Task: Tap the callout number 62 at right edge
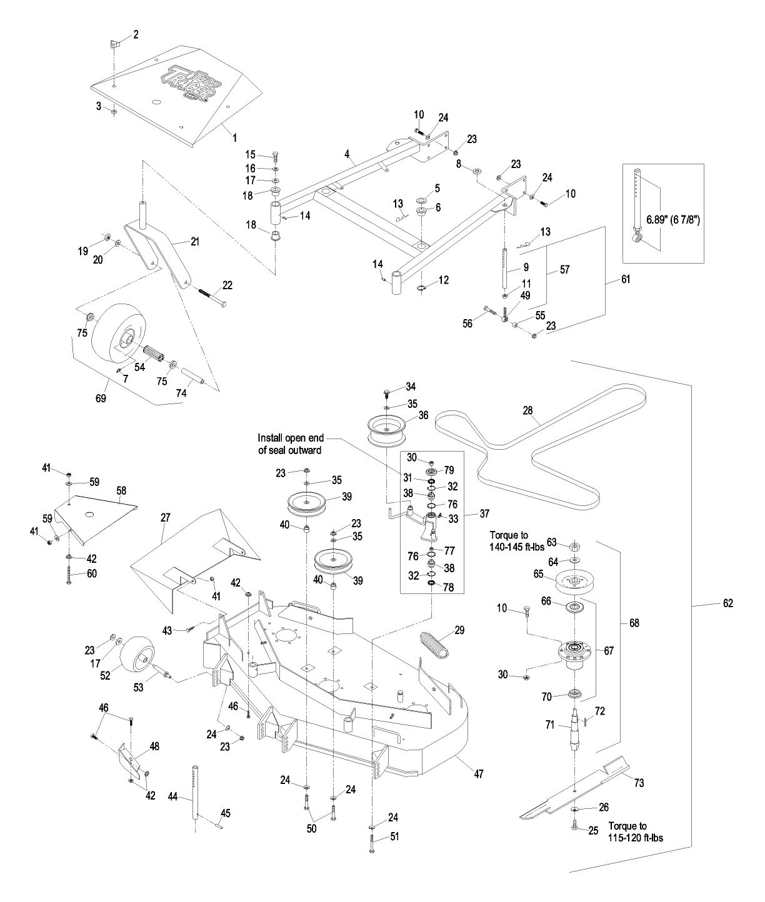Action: (727, 603)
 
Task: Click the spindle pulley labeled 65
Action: (574, 582)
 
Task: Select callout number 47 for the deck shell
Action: (478, 773)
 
